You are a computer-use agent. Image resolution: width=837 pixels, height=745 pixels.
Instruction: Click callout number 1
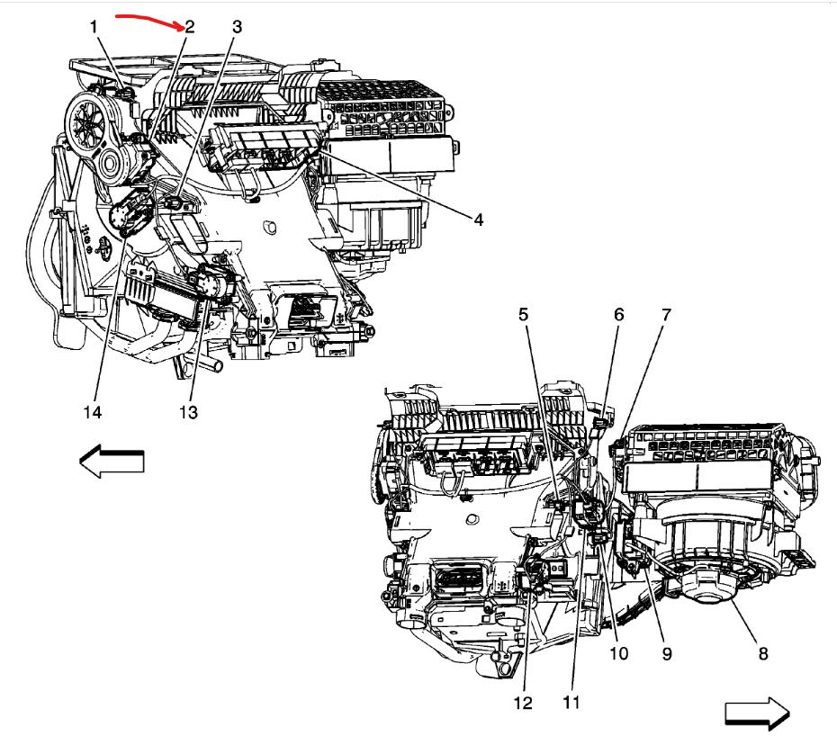pos(94,27)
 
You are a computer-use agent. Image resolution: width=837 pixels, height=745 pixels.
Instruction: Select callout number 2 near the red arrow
pos(191,27)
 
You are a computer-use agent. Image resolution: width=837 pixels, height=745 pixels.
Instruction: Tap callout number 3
pos(237,27)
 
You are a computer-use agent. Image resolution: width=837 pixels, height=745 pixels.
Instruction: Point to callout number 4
pos(479,220)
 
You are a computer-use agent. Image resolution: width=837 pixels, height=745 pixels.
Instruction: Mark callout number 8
pos(762,654)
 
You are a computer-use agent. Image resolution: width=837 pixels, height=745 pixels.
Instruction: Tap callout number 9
pos(667,654)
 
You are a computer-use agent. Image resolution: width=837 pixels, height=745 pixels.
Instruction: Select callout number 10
pos(618,654)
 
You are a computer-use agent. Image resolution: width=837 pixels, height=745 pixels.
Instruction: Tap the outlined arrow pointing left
pos(112,461)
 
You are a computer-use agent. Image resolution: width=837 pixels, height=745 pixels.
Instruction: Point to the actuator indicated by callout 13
pos(214,287)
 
